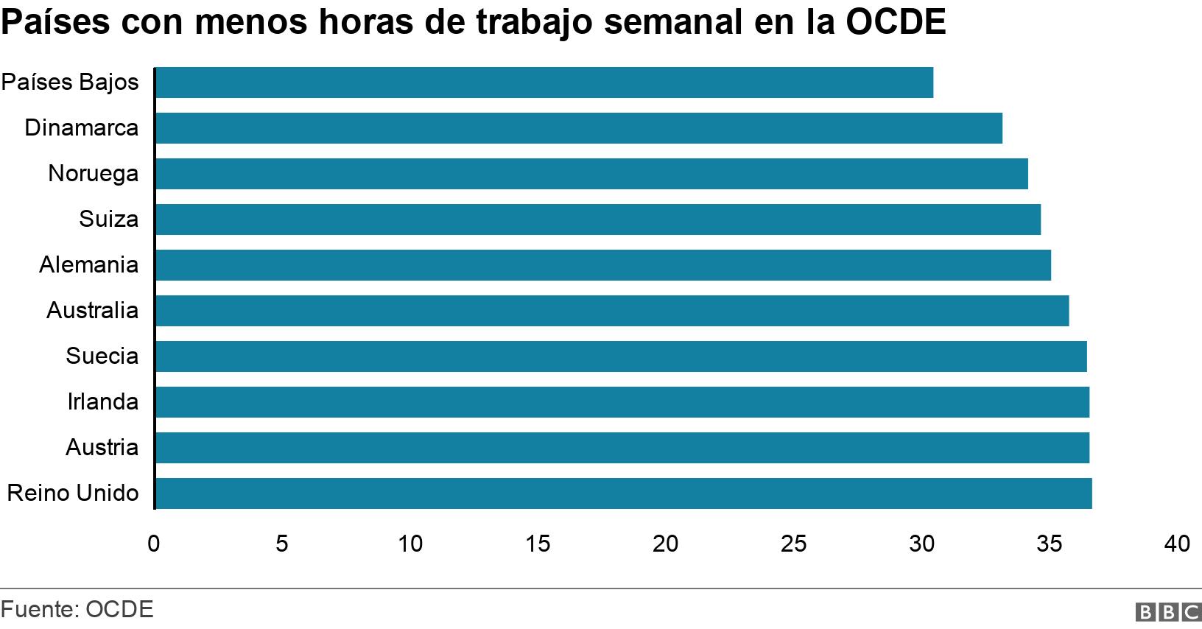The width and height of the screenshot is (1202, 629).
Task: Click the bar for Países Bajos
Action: (544, 82)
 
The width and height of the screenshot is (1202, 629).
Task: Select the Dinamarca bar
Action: (579, 128)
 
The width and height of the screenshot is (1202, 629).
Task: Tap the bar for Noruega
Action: (591, 174)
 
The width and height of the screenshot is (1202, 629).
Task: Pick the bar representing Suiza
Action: (598, 219)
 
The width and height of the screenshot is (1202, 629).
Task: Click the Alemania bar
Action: (603, 265)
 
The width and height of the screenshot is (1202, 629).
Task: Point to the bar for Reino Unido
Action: (624, 493)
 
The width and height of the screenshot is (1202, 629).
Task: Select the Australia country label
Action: (92, 310)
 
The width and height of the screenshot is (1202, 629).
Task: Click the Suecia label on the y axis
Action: (102, 356)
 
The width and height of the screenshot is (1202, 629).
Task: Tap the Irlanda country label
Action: (102, 401)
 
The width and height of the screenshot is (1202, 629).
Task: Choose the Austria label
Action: (102, 447)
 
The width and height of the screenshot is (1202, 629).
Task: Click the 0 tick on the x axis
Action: (153, 544)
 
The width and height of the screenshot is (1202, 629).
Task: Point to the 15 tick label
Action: (538, 544)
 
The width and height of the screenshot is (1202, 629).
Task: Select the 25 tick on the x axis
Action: (793, 544)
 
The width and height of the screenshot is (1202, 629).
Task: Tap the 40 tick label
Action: (1177, 544)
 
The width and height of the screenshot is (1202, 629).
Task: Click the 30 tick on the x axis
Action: (921, 544)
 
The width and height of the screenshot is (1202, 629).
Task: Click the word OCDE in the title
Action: (895, 23)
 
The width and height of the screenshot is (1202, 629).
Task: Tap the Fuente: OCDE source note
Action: (77, 609)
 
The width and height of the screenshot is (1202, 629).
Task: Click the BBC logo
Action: (1169, 611)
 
